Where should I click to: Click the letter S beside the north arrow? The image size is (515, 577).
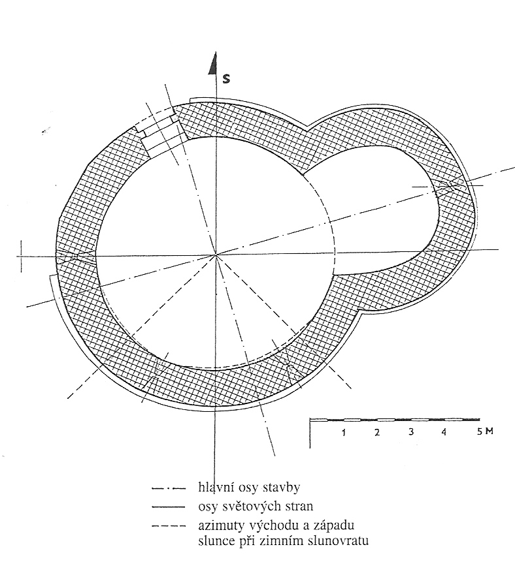tap(226, 78)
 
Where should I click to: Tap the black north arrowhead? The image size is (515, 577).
tap(212, 64)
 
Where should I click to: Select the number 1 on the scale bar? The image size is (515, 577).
tap(343, 432)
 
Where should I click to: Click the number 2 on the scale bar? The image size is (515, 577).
tap(377, 432)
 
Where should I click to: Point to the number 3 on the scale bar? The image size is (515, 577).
tap(411, 431)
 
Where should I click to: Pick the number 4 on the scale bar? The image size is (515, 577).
tap(444, 431)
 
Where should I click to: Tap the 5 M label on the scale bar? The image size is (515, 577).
tap(485, 431)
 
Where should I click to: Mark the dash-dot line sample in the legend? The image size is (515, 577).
tap(169, 489)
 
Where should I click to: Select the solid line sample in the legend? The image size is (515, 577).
tap(169, 507)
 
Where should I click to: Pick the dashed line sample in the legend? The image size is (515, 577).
tap(169, 526)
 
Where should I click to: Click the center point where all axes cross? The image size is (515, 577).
tap(216, 255)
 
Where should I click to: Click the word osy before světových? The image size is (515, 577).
tap(208, 507)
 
